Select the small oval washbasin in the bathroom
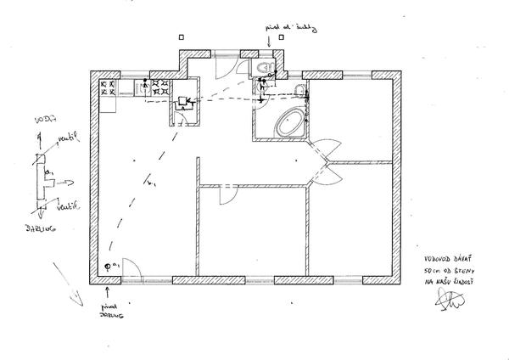coord(300,92)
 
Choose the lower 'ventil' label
coord(68,204)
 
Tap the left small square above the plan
coord(184,37)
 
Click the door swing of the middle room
coord(227,195)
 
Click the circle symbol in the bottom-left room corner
coord(108,267)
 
